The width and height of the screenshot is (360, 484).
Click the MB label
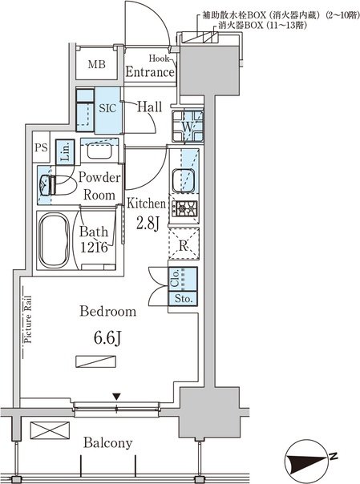97,64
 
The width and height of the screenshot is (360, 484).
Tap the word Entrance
150,72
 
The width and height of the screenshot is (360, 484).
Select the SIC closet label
107,108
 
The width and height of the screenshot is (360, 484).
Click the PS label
41,147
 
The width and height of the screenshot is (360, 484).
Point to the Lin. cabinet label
65,152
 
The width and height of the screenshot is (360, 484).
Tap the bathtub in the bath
54,241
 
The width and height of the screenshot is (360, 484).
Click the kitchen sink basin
184,180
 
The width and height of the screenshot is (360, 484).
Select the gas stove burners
184,208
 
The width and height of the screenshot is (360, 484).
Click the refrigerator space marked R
184,244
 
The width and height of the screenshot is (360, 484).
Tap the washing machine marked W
188,126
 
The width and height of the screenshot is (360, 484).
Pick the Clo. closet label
175,279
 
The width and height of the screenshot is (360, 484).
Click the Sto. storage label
184,298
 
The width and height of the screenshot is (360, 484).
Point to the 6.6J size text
107,339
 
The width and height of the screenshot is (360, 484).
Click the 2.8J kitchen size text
148,224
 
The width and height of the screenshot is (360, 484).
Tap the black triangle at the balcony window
116,397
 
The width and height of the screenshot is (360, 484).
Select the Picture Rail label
28,320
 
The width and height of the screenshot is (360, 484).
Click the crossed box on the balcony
50,430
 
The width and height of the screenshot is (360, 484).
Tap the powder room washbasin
99,151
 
